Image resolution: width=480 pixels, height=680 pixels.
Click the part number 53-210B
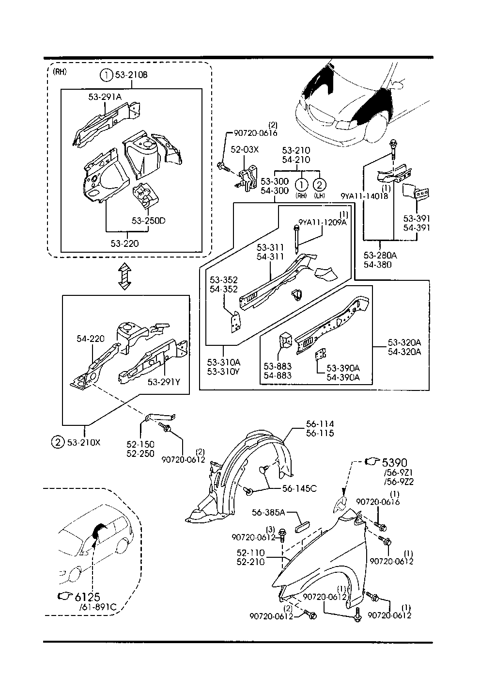tap(131, 75)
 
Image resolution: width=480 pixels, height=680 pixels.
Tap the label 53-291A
tap(105, 97)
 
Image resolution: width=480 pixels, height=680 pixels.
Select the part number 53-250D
tap(148, 221)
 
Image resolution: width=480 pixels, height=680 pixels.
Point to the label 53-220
tap(124, 243)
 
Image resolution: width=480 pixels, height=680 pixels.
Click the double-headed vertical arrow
tap(125, 277)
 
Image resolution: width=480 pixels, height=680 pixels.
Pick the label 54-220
tap(91, 339)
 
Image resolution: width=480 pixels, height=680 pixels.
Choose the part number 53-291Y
tap(164, 382)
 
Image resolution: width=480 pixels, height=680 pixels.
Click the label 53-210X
tap(84, 442)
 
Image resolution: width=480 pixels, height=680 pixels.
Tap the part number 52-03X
tap(245, 150)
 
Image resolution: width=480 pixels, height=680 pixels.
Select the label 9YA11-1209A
tap(323, 222)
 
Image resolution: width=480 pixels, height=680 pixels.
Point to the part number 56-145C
tap(299, 488)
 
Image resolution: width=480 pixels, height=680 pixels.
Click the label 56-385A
tap(268, 512)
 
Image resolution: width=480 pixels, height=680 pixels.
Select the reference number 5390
tap(395, 463)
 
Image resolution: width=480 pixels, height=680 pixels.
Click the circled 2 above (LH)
tap(319, 184)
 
